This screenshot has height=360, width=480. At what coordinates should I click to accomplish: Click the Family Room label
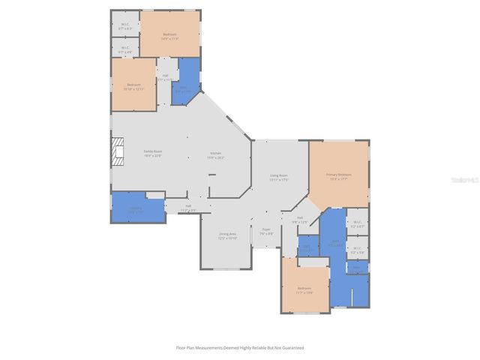tap(153, 152)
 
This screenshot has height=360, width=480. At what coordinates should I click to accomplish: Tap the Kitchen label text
tap(216, 155)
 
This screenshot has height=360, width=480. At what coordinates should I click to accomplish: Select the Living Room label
tap(279, 177)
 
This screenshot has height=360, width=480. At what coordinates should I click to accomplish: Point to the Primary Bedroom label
tap(338, 175)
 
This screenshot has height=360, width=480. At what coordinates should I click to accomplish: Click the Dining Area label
tap(227, 235)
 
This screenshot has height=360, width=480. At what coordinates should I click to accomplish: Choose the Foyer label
tap(266, 231)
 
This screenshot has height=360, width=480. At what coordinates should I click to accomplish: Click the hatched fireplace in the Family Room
tap(116, 153)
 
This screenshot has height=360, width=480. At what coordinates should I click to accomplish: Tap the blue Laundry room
tap(135, 209)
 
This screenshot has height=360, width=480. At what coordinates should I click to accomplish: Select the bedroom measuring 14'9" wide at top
tap(170, 34)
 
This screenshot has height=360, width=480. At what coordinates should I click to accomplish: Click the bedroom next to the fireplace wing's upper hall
tap(133, 85)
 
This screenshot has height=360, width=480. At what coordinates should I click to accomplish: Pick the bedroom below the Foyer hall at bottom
tap(304, 289)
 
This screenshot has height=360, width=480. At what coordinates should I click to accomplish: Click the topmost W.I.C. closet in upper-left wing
tap(125, 25)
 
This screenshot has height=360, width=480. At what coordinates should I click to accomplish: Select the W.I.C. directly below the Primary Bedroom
tap(357, 222)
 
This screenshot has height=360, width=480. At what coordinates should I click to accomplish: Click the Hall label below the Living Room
tap(299, 220)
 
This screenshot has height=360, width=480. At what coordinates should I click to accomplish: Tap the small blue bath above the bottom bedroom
tap(307, 247)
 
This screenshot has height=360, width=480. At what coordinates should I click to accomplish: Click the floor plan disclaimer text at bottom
tap(239, 348)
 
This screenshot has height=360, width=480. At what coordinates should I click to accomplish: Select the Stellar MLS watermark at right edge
tap(467, 180)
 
